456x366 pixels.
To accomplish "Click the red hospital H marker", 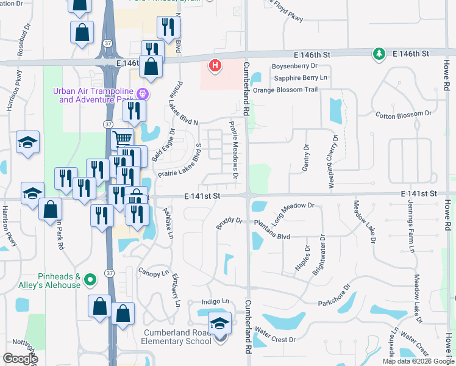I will point(215,65).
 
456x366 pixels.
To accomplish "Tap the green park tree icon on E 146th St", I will point(379,55).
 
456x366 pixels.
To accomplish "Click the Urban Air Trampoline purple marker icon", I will point(143,94).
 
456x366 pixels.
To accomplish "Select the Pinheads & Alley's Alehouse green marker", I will point(90,280).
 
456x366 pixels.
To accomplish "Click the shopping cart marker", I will point(123,138).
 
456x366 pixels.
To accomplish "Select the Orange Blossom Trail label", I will point(285,90).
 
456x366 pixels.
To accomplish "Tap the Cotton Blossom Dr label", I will point(403,113).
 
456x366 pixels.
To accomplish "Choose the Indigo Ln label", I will point(216,301).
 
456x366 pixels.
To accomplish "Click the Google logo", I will point(20,359).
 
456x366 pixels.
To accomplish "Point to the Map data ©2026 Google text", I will point(418,361).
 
